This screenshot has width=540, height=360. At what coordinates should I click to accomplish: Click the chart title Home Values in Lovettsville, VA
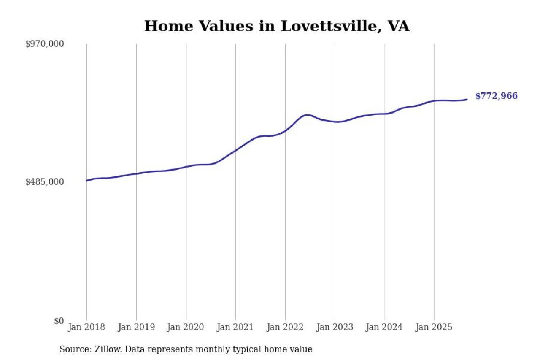point(277,26)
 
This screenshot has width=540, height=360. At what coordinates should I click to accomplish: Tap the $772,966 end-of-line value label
point(496,96)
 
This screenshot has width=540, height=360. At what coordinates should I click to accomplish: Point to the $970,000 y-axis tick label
point(44,44)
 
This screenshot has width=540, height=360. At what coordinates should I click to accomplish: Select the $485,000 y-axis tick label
point(44,182)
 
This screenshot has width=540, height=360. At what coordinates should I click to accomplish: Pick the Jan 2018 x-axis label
point(86,327)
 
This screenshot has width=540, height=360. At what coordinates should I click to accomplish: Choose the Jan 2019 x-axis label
point(136,327)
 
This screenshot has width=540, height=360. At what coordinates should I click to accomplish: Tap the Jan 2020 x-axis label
point(186,327)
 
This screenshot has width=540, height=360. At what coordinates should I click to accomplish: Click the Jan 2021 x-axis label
point(235,327)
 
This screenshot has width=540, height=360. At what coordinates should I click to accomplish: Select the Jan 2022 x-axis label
point(285,327)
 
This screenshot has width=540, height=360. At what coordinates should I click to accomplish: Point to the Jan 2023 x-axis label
point(335,327)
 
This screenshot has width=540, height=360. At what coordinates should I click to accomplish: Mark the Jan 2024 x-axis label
point(384,327)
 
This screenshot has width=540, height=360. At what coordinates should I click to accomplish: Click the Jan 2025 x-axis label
point(434,327)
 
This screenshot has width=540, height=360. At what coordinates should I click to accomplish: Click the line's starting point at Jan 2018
point(86,181)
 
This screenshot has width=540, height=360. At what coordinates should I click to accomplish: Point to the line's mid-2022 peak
point(307,115)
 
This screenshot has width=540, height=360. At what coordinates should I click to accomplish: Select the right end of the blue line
point(467,100)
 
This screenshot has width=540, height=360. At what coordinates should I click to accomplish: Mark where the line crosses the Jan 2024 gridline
point(384,114)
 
